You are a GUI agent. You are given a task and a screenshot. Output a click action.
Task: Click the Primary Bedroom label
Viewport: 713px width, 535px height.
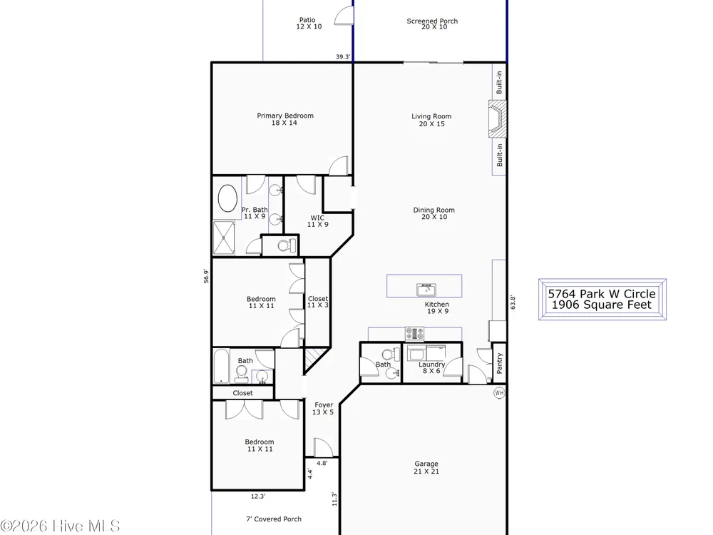[285, 119]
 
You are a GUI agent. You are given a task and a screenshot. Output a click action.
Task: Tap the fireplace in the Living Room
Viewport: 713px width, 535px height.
[497, 119]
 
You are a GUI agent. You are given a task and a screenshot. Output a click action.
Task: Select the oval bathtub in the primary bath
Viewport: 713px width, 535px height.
[228, 198]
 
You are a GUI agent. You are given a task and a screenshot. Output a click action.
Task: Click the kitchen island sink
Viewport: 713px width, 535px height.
[426, 290]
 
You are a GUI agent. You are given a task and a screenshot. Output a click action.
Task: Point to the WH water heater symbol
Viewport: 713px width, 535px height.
[499, 392]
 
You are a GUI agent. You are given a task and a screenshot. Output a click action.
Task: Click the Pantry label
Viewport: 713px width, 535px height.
[500, 363]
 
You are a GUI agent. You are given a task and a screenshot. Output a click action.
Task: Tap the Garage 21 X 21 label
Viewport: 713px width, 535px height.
[426, 468]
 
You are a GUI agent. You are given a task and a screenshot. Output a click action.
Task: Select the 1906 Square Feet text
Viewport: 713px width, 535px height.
[602, 305]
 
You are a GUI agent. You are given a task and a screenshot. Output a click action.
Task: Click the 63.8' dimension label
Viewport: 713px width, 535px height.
[513, 302]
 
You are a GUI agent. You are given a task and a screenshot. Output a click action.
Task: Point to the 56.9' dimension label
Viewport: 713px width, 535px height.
[207, 276]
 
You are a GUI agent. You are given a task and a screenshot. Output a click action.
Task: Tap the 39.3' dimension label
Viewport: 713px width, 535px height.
[344, 57]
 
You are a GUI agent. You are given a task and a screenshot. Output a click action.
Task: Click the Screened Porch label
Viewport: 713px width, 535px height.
[433, 24]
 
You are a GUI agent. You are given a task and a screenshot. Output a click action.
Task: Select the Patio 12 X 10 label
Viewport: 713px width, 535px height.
[309, 24]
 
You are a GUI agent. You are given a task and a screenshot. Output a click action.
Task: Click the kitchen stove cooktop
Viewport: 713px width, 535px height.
[415, 333]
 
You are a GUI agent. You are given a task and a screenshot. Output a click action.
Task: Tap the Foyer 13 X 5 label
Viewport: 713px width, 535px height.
[323, 409]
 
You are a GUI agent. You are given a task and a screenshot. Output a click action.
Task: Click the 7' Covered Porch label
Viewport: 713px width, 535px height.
[274, 519]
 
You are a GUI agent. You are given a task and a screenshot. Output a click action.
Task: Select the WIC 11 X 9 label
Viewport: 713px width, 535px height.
[317, 221]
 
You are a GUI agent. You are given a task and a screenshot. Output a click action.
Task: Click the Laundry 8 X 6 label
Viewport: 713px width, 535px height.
[431, 367]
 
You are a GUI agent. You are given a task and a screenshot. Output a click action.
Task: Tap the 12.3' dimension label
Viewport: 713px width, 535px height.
[258, 496]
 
